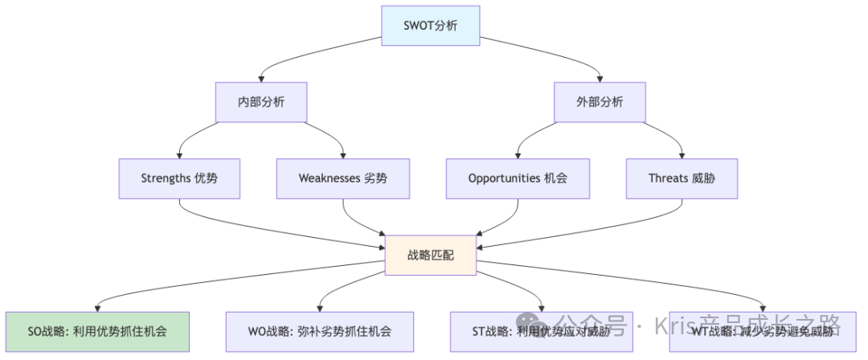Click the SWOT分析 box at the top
click(x=431, y=26)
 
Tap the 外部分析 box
click(x=600, y=103)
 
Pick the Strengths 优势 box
click(x=178, y=178)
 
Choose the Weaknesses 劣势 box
click(x=342, y=178)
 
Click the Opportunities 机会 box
click(x=518, y=178)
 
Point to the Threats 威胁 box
click(x=682, y=178)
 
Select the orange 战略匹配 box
click(x=431, y=255)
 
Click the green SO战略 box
click(x=97, y=331)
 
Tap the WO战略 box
click(x=320, y=331)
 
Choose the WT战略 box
click(x=763, y=331)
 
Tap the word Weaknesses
click(x=328, y=178)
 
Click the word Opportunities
click(x=504, y=178)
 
